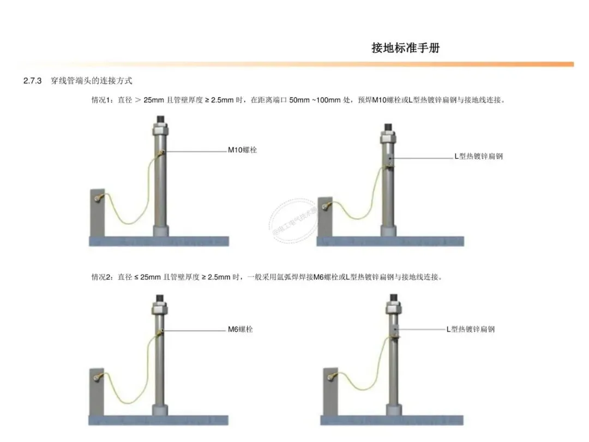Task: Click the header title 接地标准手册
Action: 405,47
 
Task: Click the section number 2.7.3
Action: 33,81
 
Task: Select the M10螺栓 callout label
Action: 242,150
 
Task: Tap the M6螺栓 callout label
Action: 240,329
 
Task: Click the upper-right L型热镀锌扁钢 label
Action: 478,156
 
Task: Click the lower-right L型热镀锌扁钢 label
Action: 471,329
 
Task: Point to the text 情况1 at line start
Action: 102,100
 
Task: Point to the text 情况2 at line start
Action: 102,277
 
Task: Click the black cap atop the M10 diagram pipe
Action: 161,118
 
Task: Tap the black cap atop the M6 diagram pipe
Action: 160,298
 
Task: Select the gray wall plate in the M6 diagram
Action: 96,391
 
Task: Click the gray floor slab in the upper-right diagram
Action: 390,241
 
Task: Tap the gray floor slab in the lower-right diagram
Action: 392,420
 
